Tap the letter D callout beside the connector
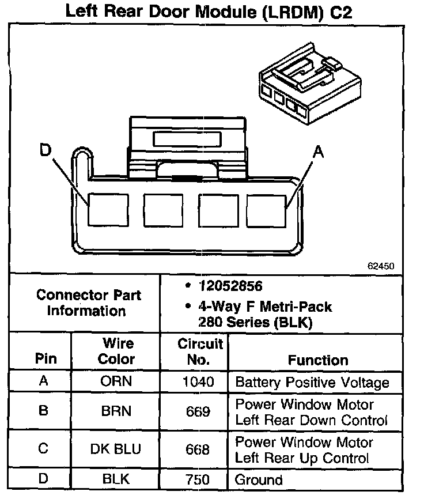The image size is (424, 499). point(46,151)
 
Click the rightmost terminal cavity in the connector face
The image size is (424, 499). point(266,210)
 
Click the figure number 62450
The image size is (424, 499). point(381,267)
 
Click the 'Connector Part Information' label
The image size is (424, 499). point(88,303)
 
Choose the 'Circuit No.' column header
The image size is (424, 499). point(200,352)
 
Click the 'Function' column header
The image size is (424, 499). point(318,360)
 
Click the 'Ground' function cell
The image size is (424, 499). point(259,479)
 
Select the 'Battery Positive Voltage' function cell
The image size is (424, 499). point(312,381)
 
